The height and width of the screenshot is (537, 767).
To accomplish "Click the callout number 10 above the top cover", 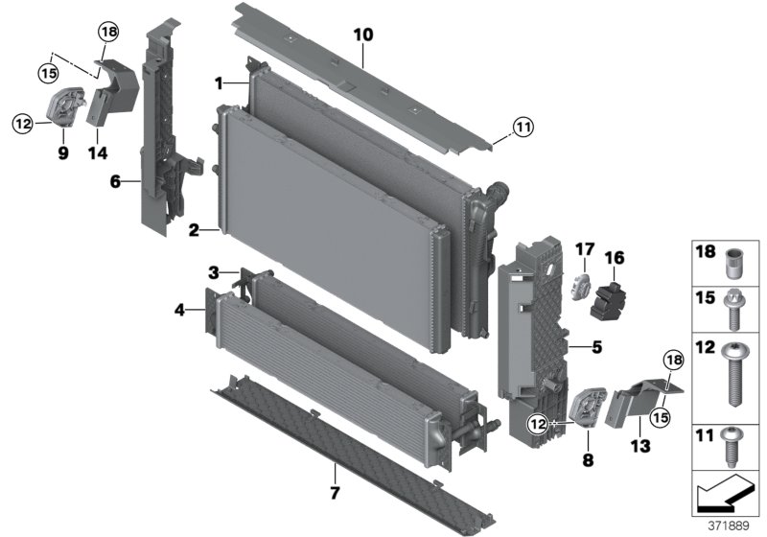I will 362,35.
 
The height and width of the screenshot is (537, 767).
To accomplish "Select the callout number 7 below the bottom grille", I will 335,494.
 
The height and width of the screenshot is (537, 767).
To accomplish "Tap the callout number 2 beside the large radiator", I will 194,230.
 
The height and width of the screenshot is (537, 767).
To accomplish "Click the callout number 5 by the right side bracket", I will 595,348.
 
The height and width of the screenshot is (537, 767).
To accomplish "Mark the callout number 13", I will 639,445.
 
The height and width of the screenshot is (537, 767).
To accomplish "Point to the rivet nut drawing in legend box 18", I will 733,261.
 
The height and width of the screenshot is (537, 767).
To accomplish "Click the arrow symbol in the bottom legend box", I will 721,496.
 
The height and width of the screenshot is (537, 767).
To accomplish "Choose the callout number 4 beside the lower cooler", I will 179,309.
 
